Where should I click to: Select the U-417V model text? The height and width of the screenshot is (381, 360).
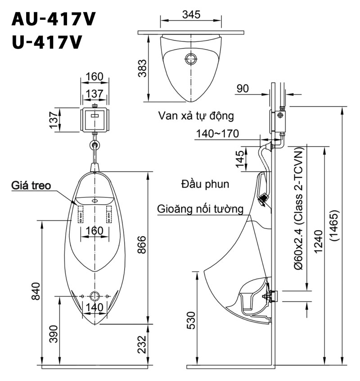pyautogui.click(x=46, y=43)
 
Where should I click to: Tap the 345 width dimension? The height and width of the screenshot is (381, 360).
pyautogui.click(x=191, y=14)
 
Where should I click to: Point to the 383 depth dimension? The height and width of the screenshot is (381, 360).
pyautogui.click(x=142, y=68)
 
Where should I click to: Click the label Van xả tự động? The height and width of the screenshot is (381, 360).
pyautogui.click(x=196, y=116)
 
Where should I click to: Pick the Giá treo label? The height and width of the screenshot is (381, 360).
pyautogui.click(x=31, y=185)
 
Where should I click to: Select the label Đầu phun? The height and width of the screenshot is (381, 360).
pyautogui.click(x=205, y=184)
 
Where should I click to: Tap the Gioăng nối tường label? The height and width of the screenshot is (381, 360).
pyautogui.click(x=201, y=209)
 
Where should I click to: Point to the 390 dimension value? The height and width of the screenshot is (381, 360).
pyautogui.click(x=53, y=333)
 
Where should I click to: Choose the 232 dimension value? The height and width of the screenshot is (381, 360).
pyautogui.click(x=142, y=344)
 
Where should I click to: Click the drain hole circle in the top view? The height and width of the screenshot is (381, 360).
pyautogui.click(x=191, y=58)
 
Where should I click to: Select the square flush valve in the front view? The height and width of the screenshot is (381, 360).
pyautogui.click(x=94, y=119)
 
